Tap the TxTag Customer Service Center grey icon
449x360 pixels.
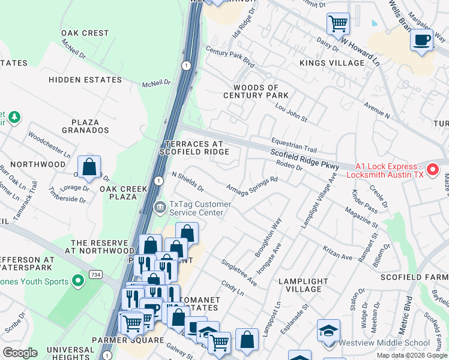pos(160,208)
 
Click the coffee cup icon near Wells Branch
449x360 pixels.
pos(422,40)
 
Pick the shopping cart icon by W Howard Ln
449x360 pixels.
pos(338,24)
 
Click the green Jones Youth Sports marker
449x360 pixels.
pos(77,280)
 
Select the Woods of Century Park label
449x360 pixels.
pos(256,91)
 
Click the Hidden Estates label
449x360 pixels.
pos(85,79)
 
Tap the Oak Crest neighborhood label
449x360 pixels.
pos(85,33)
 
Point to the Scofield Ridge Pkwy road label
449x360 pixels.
pos(304,159)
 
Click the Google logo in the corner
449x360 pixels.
pos(20,353)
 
